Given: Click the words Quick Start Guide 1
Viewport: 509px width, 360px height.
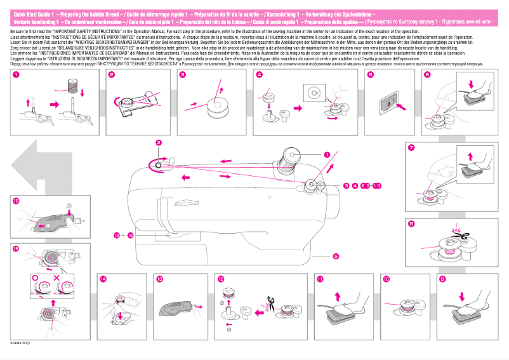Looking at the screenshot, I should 32,13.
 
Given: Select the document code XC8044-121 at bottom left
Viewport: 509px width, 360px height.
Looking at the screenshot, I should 20,343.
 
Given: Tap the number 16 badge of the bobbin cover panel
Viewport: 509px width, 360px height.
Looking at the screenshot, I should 16,201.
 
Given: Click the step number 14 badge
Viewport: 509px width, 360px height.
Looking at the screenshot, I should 103,279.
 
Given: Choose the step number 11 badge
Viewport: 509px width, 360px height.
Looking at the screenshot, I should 320,279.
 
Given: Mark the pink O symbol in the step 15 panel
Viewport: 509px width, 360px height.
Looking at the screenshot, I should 34,278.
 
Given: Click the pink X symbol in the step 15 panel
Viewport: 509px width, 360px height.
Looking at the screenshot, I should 57,278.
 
